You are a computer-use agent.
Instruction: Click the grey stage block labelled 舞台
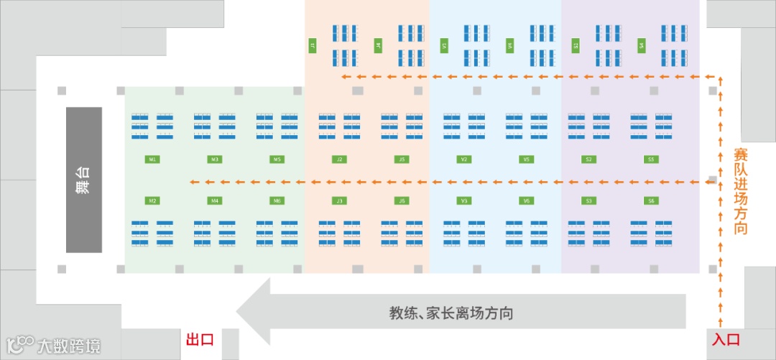coord(84,180)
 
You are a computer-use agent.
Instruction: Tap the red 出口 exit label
coord(200,339)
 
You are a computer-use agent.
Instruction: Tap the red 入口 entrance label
coord(726,339)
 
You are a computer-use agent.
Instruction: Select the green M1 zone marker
coord(152,159)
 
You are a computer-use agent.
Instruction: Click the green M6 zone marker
coord(277,200)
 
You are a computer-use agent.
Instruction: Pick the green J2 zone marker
coord(339,159)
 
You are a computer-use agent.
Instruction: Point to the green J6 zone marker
coord(402,200)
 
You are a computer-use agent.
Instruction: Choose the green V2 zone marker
coord(464,159)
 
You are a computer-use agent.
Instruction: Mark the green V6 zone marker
coord(527,200)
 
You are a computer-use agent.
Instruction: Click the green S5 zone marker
coord(651,159)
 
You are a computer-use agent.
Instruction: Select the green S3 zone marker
coord(588,200)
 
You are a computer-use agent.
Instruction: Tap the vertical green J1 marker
coord(313,45)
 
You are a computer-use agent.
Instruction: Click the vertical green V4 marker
coord(509,45)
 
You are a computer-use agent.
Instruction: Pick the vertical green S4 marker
coord(641,45)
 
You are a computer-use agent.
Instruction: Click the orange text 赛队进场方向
coord(741,191)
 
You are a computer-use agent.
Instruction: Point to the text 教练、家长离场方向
coord(451,313)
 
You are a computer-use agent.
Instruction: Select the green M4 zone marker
coord(214,200)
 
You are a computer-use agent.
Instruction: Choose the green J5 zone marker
coord(402,159)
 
